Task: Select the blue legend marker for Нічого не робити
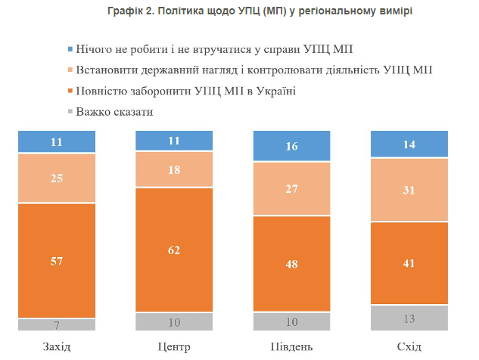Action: (69, 50)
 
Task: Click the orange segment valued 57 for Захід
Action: (58, 260)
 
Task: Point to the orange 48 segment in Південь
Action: (292, 265)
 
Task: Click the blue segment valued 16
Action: (292, 146)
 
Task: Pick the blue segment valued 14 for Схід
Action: (408, 144)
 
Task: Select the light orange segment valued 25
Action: (58, 178)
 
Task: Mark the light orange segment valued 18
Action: (173, 169)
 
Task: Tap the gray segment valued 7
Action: (58, 324)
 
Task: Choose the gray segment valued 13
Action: (408, 318)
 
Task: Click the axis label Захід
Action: (58, 347)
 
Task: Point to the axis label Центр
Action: (173, 347)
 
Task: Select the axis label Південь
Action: (292, 347)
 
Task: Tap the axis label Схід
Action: (408, 347)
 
